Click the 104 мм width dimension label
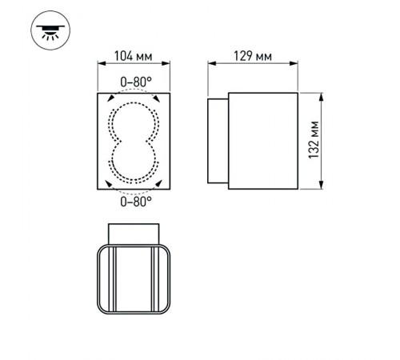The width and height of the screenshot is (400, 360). tap(134, 57)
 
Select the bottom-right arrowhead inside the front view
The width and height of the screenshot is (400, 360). tap(162, 183)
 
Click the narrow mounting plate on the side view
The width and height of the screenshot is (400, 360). tap(218, 142)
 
